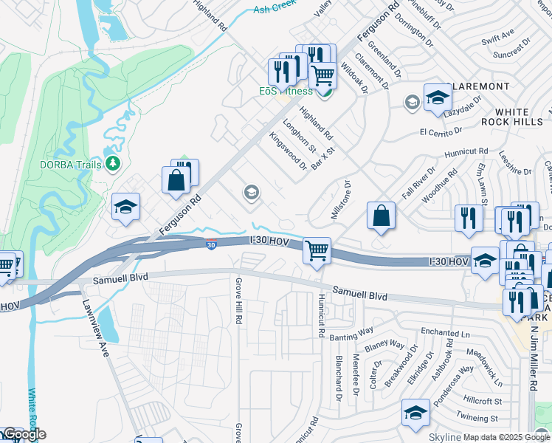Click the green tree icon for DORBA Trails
coord(112,162)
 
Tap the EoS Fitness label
coord(286,91)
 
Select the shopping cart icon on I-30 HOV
coord(317,251)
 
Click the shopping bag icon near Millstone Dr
coord(381,216)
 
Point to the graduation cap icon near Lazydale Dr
coord(437,98)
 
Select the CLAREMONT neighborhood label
coord(477,86)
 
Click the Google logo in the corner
coord(24,434)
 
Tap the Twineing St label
coord(480,417)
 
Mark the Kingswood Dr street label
coord(288,151)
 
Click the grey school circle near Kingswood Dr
coord(251,193)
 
